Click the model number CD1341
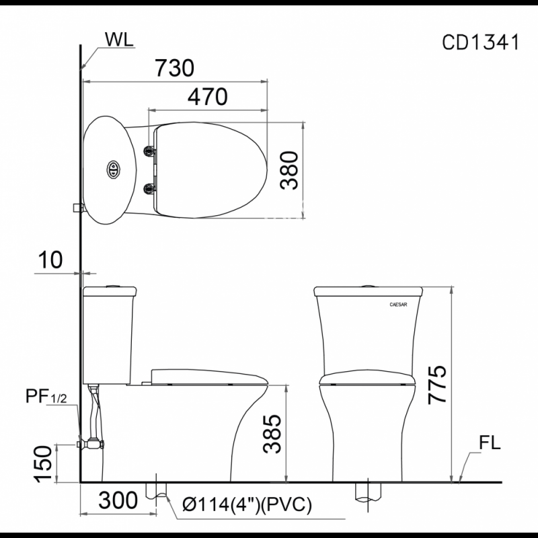tap(480, 42)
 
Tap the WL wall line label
tap(119, 40)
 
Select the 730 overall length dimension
tap(174, 68)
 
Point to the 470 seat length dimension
tap(207, 97)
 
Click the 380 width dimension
tap(289, 170)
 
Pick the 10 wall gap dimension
tap(50, 260)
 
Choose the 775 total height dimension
tap(437, 384)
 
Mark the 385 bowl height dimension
tap(272, 434)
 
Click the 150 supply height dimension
tap(43, 464)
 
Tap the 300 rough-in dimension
tap(118, 500)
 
